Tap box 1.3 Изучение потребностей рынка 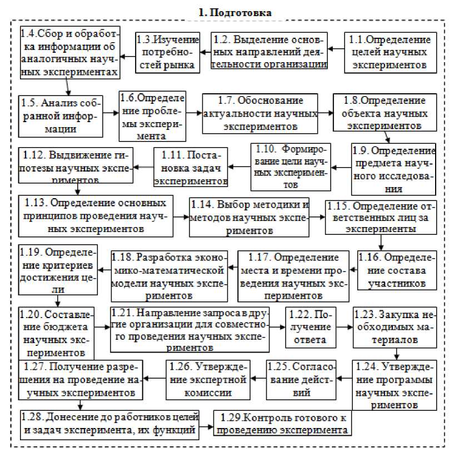167,52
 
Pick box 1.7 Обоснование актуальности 260,113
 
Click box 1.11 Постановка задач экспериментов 191,167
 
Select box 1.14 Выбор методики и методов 250,217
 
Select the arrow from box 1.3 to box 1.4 127,56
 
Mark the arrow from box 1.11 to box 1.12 143,166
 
